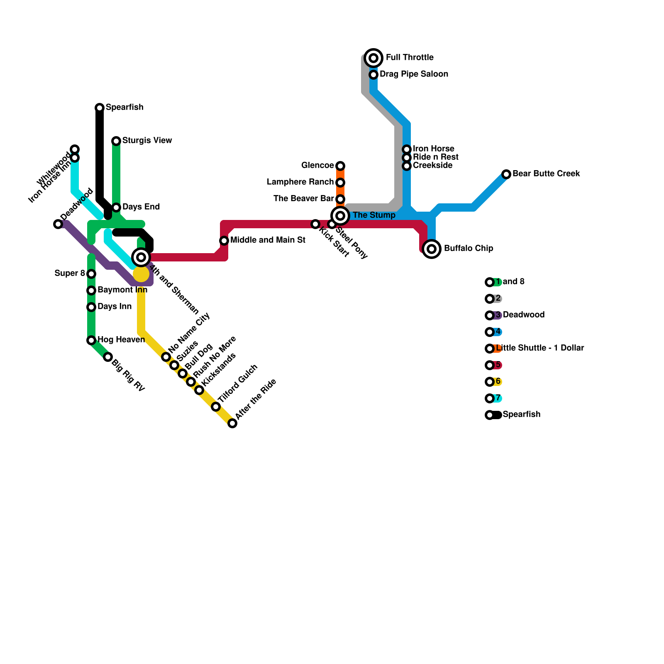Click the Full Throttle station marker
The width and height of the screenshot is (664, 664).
373,58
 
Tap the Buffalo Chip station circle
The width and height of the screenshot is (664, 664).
432,249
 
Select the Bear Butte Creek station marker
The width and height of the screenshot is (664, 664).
506,174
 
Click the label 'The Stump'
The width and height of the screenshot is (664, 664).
374,215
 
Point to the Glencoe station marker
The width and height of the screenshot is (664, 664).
340,166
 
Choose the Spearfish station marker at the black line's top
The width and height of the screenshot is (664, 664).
100,108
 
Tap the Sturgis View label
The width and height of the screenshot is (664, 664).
147,141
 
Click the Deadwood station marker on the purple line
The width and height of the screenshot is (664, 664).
58,224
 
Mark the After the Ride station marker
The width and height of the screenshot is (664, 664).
232,423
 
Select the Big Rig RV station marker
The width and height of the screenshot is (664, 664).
108,357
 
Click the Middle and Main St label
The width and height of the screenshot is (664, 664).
268,240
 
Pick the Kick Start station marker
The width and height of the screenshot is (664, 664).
315,224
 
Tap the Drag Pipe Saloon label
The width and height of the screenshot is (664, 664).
414,74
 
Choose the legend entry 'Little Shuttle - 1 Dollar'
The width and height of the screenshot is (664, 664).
539,348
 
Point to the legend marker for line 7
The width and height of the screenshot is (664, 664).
490,398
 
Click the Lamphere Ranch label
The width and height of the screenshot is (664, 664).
300,182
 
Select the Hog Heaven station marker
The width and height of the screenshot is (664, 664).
91,340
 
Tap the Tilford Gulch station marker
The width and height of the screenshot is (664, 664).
216,407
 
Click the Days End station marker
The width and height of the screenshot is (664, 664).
116,207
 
